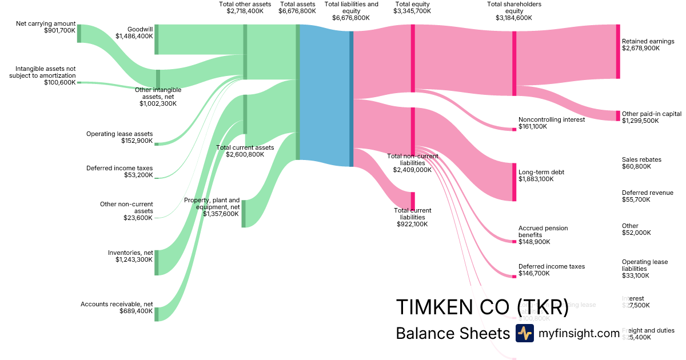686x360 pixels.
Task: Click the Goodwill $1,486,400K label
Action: pyautogui.click(x=134, y=32)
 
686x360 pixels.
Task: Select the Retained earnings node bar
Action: pyautogui.click(x=618, y=51)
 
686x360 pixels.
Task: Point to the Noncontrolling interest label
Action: pyautogui.click(x=551, y=120)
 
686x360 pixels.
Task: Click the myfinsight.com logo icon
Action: pyautogui.click(x=524, y=333)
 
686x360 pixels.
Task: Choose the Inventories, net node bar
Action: pyautogui.click(x=157, y=262)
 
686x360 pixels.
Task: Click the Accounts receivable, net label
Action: pyautogui.click(x=117, y=307)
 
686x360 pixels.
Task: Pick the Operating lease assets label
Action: pyautogui.click(x=119, y=137)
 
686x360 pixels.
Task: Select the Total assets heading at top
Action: pyautogui.click(x=297, y=7)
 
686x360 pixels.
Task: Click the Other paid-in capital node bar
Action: pyautogui.click(x=618, y=115)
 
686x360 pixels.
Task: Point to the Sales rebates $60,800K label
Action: pyautogui.click(x=641, y=163)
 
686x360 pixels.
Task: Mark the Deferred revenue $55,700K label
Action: pyautogui.click(x=647, y=196)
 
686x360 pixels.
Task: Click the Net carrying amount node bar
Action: pyautogui.click(x=79, y=34)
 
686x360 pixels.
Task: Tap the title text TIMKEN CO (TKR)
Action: pyautogui.click(x=482, y=307)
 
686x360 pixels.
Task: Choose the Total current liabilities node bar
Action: pyautogui.click(x=413, y=201)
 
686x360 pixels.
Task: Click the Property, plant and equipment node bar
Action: pyautogui.click(x=243, y=214)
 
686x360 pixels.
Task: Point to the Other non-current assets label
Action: pyautogui.click(x=126, y=211)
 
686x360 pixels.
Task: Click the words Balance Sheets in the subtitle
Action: pyautogui.click(x=452, y=334)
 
